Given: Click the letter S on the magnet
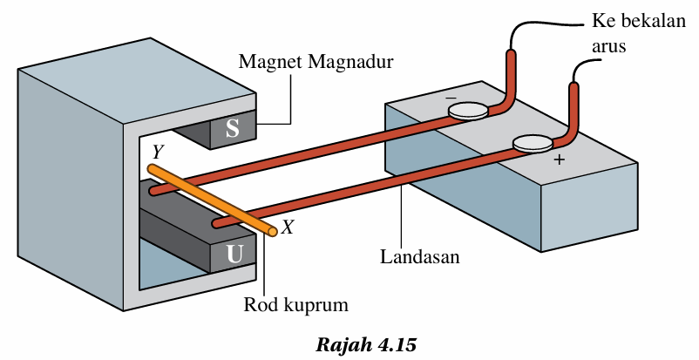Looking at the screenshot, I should (x=232, y=128).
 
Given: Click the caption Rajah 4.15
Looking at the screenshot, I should (x=366, y=343).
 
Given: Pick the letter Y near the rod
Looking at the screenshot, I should (x=157, y=152).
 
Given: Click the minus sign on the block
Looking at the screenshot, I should (x=451, y=98).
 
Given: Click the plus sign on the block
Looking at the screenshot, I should (x=559, y=161).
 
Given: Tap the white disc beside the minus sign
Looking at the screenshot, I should (x=470, y=111).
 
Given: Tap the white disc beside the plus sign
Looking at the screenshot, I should (x=533, y=143).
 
